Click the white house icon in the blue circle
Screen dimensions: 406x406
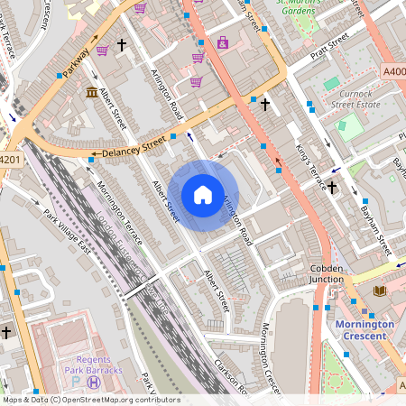[x=203, y=195]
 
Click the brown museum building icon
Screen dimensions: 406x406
[x=92, y=93]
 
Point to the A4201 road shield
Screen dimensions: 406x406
[x=9, y=160]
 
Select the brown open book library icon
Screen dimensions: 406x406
[x=379, y=291]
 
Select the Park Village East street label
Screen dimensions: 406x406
[x=68, y=234]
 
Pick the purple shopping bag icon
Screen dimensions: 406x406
[x=223, y=42]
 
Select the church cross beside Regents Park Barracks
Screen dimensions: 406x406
[x=6, y=332]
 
